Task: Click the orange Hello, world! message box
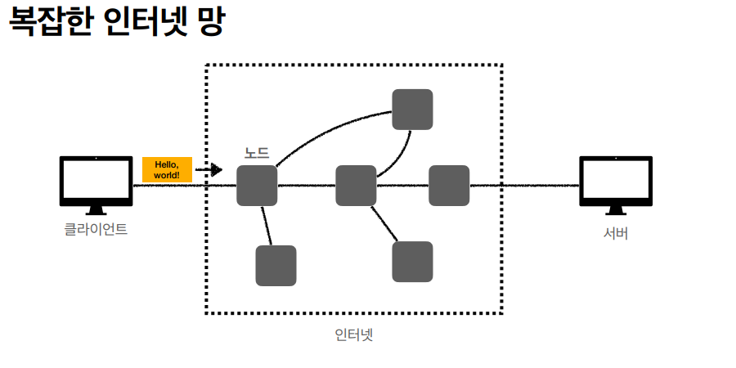167,169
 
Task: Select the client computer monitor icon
96,181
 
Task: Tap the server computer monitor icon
616,181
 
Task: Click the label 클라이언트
96,229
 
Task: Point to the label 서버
616,234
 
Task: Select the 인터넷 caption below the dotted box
354,334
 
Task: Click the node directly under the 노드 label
257,186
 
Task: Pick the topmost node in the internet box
412,110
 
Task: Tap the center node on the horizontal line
356,186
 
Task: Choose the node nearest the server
449,186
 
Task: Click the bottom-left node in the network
276,266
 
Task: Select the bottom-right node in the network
412,262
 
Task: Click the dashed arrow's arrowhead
217,170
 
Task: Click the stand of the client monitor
96,210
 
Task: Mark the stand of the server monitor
616,210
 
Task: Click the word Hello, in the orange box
167,164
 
